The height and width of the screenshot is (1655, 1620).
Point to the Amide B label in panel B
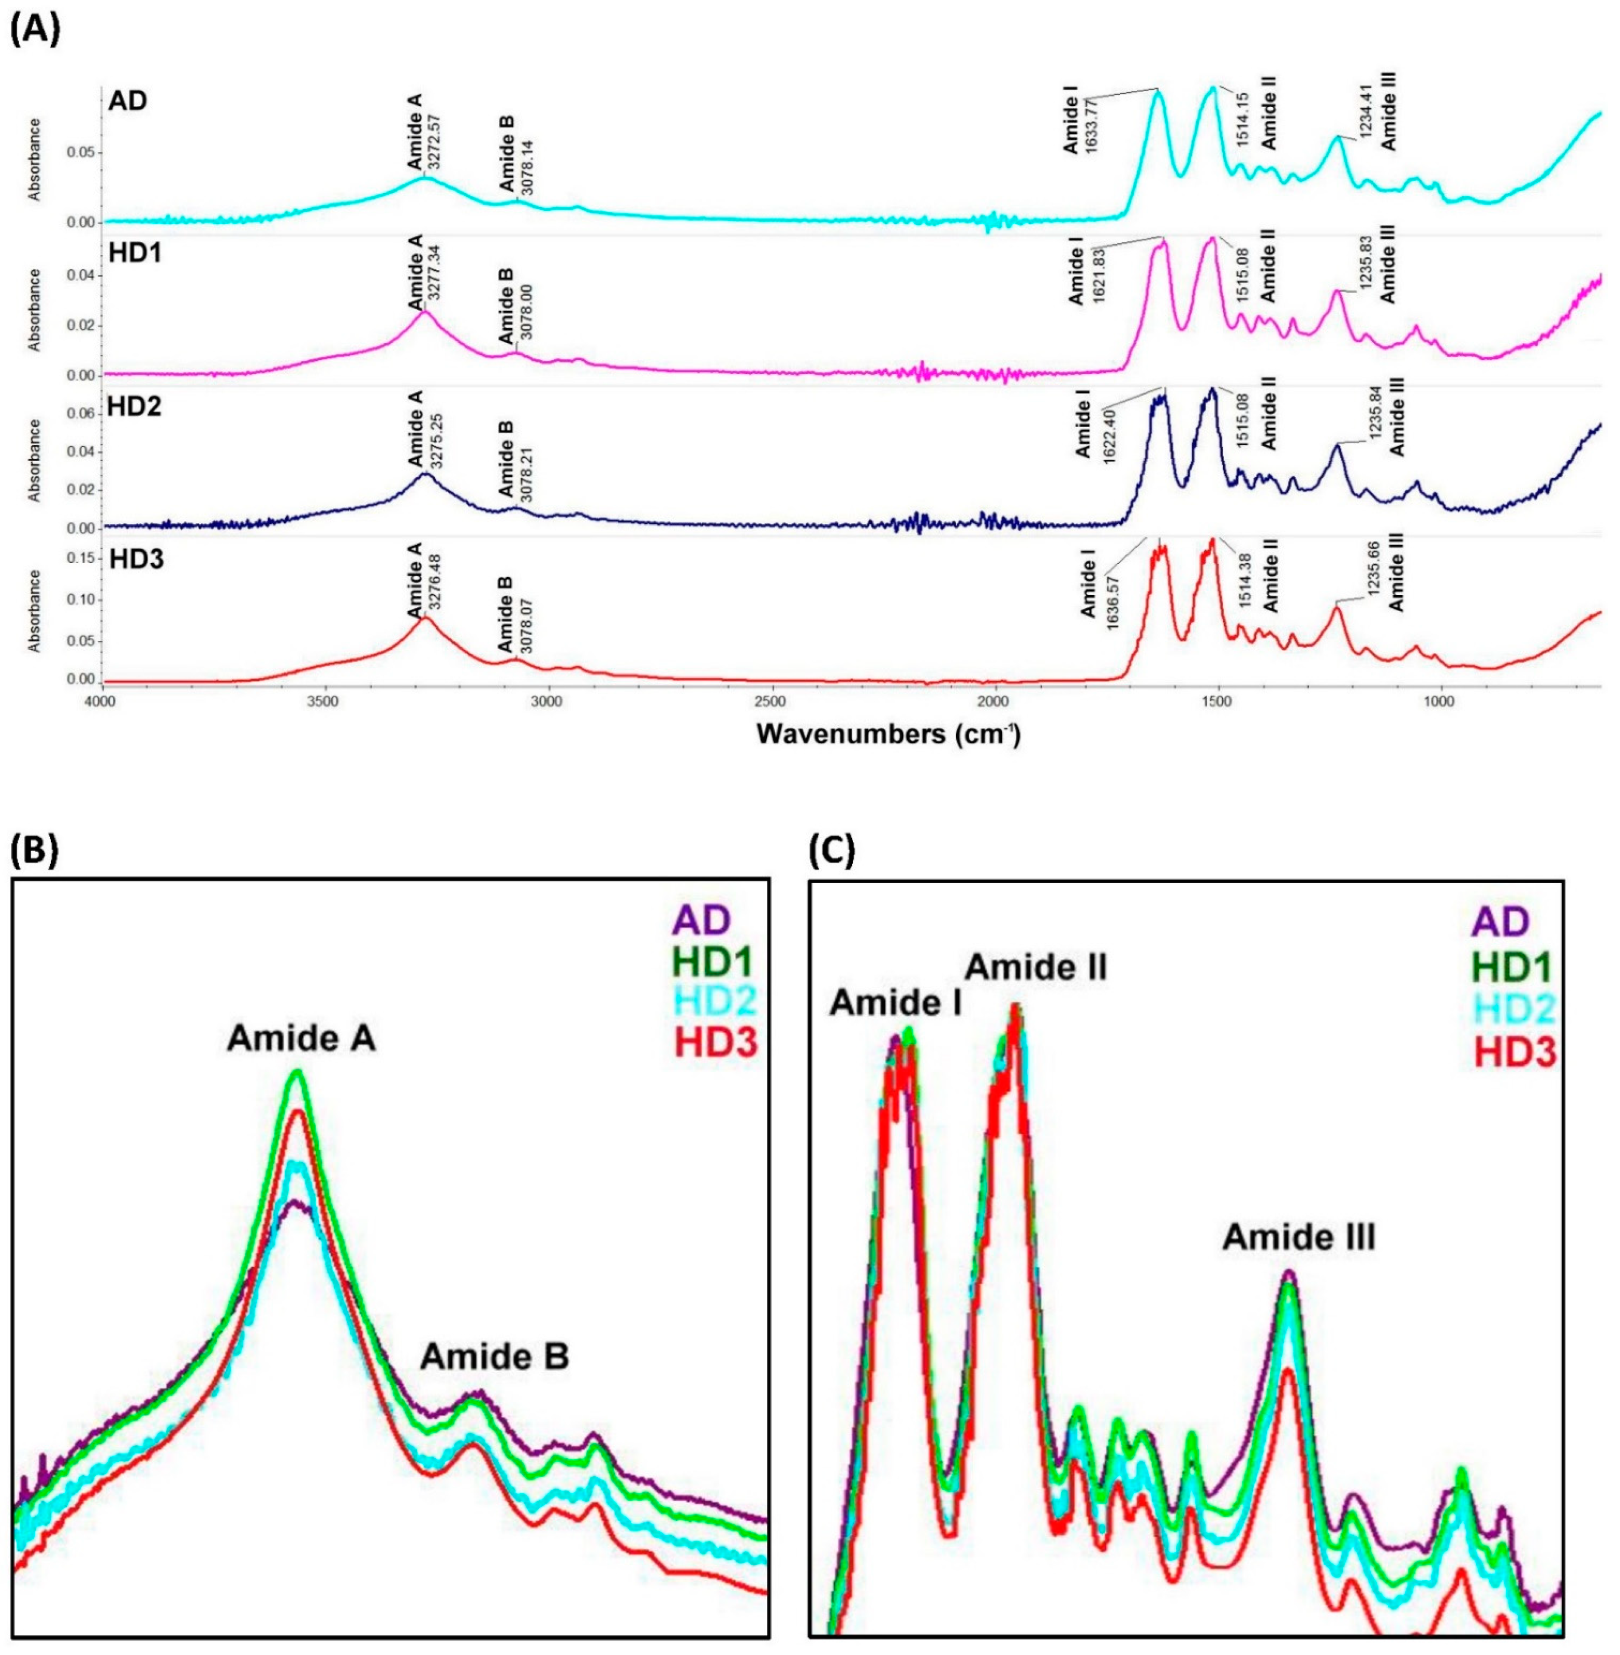495,1357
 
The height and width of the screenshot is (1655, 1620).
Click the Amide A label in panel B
301,1039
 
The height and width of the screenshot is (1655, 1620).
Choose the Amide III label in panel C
1298,1238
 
